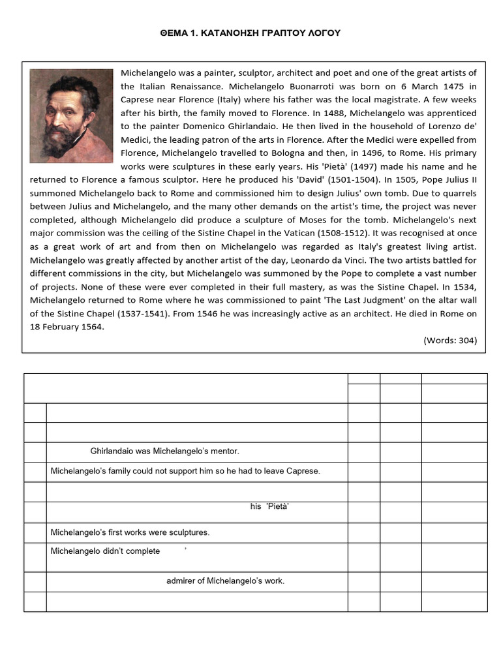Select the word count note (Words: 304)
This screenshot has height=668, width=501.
450,340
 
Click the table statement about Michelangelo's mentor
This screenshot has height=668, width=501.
164,451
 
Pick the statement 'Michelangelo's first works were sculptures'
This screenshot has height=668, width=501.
130,532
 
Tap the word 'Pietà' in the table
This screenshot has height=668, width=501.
277,507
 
